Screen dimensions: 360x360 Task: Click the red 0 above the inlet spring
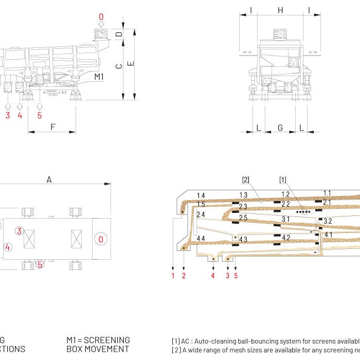[x=101, y=17]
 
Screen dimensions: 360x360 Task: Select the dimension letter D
[x=119, y=34]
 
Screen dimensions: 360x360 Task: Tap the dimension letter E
[x=131, y=63]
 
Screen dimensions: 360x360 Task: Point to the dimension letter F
[x=52, y=127]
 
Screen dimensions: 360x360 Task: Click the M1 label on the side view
[x=100, y=77]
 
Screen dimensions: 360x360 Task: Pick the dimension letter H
[x=280, y=10]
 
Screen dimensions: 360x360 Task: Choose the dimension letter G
[x=280, y=128]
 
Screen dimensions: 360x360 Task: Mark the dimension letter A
[x=49, y=179]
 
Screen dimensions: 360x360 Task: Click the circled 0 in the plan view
[x=101, y=239]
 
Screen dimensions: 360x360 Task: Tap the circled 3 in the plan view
[x=19, y=231]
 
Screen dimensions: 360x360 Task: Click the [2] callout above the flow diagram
[x=246, y=179]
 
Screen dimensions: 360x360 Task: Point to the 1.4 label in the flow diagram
[x=201, y=196]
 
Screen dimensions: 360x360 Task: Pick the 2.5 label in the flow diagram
[x=243, y=218]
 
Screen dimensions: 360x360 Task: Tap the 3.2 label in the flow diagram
[x=327, y=221]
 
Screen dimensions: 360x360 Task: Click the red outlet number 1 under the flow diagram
[x=173, y=276]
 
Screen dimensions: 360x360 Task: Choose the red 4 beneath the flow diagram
[x=212, y=276]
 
